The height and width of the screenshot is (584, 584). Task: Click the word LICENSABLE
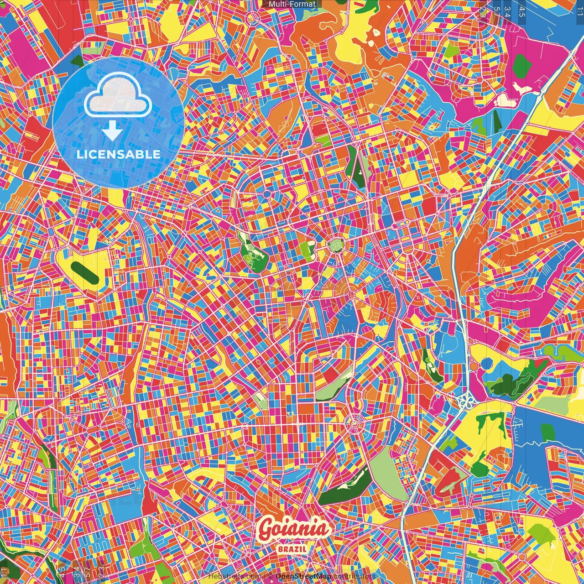point(119,154)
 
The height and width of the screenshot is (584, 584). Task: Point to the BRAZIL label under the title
point(292,549)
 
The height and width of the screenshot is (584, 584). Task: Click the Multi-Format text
point(292,4)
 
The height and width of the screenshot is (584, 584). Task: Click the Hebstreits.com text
point(235,576)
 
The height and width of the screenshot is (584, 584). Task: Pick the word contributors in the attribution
point(354,576)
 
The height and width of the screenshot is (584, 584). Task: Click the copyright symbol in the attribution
point(270,576)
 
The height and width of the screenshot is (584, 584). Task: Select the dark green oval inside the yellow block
point(85,272)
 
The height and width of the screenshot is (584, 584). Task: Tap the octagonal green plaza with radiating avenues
point(336,246)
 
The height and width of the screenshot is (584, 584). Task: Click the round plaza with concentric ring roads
point(354,424)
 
